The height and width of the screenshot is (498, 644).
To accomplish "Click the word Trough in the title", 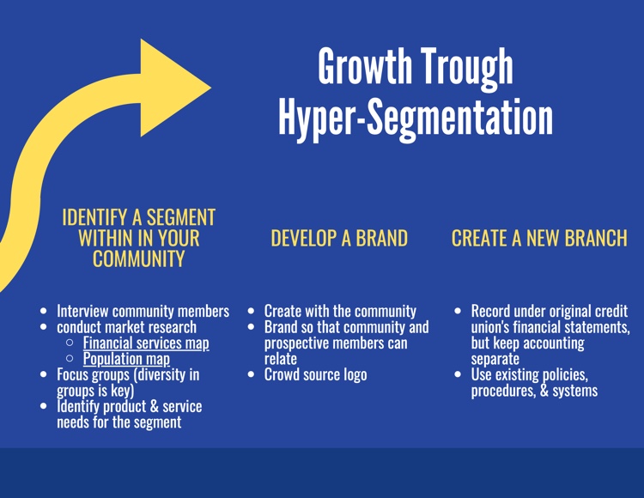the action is click(x=467, y=67).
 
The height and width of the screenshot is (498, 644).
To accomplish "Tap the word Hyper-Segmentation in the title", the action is click(x=416, y=118).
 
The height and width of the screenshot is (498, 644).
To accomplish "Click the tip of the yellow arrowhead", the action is click(x=211, y=87).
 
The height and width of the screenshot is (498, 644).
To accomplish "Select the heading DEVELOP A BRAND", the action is click(x=339, y=238).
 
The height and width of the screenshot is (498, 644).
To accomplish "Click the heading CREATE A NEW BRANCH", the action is click(x=539, y=238).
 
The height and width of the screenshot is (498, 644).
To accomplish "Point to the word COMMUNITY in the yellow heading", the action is click(x=139, y=259).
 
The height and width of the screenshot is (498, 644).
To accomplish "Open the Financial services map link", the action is click(x=146, y=343).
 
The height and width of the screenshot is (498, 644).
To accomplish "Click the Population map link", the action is click(x=126, y=359).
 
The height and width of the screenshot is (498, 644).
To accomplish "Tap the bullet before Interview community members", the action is click(x=44, y=311).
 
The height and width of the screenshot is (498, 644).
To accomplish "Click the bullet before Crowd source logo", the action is click(x=252, y=374).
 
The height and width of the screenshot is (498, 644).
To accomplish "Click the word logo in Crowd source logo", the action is click(x=355, y=375).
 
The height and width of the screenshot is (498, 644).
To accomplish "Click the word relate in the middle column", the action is click(x=281, y=359).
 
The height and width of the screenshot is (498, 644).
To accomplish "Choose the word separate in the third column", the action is click(x=495, y=359).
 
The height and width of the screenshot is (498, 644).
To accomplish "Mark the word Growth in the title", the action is click(x=365, y=66).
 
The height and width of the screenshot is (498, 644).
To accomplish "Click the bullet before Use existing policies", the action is click(x=459, y=374).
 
